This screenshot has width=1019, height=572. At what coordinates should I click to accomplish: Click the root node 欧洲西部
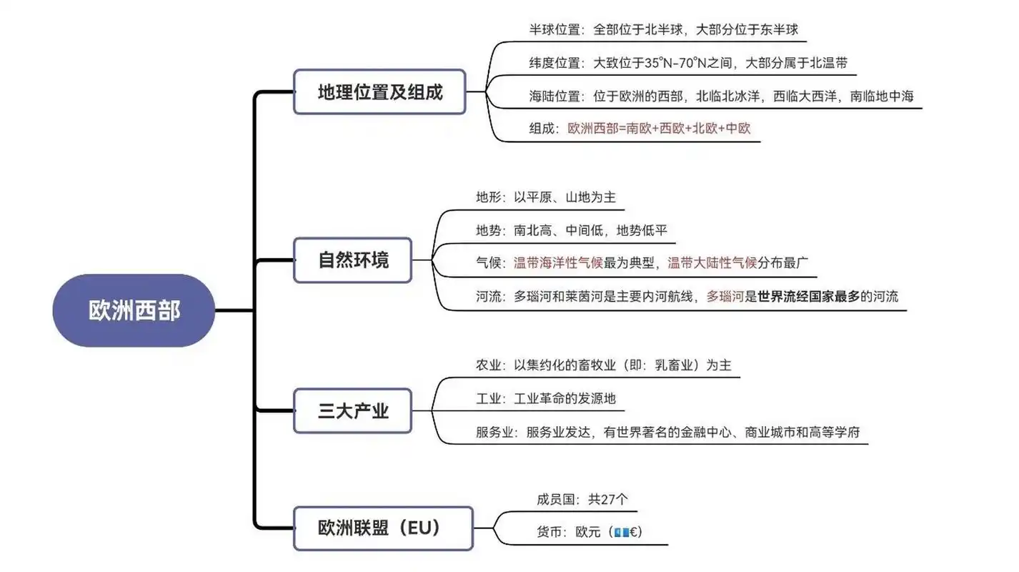[134, 311]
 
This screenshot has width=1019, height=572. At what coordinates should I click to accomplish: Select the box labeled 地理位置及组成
[379, 92]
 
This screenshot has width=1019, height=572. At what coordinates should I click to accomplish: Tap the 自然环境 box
[353, 260]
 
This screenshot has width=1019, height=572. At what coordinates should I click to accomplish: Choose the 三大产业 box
[353, 411]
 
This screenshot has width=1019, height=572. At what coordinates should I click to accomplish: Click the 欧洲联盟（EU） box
[383, 528]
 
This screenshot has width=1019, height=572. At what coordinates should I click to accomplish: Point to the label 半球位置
[554, 29]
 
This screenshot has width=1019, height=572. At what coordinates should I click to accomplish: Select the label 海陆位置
[554, 96]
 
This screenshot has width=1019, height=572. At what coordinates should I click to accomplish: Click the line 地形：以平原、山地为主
[545, 197]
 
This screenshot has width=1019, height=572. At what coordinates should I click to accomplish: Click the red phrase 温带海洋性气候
[558, 262]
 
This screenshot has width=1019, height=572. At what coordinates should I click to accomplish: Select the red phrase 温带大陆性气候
[712, 262]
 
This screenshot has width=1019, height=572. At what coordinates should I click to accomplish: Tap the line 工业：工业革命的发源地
[545, 398]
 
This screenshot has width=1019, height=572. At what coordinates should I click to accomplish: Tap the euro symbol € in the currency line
[633, 533]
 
